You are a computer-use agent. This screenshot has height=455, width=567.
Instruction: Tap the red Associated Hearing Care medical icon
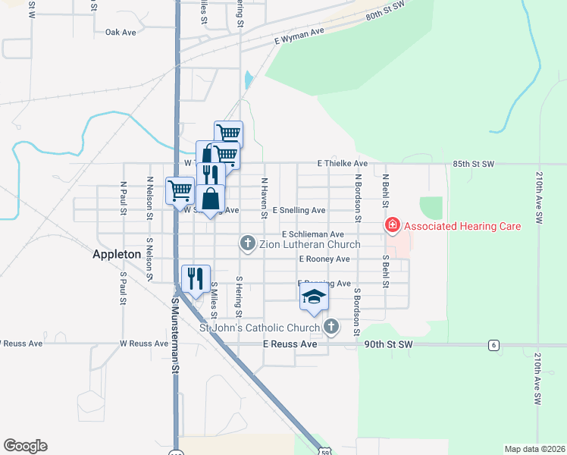[x=392, y=225]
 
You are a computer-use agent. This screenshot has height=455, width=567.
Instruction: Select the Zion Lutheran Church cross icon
[x=247, y=243]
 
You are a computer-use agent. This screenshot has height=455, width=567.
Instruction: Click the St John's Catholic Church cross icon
[x=330, y=328]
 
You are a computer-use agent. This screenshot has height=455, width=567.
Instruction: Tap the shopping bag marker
[x=211, y=199]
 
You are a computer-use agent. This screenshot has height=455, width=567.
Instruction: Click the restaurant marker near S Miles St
[x=196, y=278]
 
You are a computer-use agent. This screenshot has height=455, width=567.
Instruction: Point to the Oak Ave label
[x=120, y=33]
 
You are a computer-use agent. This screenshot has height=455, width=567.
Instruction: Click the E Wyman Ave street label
[x=299, y=35]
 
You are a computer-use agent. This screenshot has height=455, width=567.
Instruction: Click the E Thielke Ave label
[x=343, y=164]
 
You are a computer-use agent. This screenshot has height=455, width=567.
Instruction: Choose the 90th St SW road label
[x=387, y=344]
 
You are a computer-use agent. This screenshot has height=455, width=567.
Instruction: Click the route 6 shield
[x=493, y=345]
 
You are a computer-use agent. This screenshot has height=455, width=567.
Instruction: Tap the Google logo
[x=25, y=446]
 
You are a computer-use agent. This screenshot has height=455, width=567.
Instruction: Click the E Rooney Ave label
[x=324, y=259]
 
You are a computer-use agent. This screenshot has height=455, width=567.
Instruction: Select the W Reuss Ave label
[x=144, y=344]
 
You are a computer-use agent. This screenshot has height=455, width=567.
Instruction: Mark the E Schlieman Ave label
[x=313, y=235]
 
